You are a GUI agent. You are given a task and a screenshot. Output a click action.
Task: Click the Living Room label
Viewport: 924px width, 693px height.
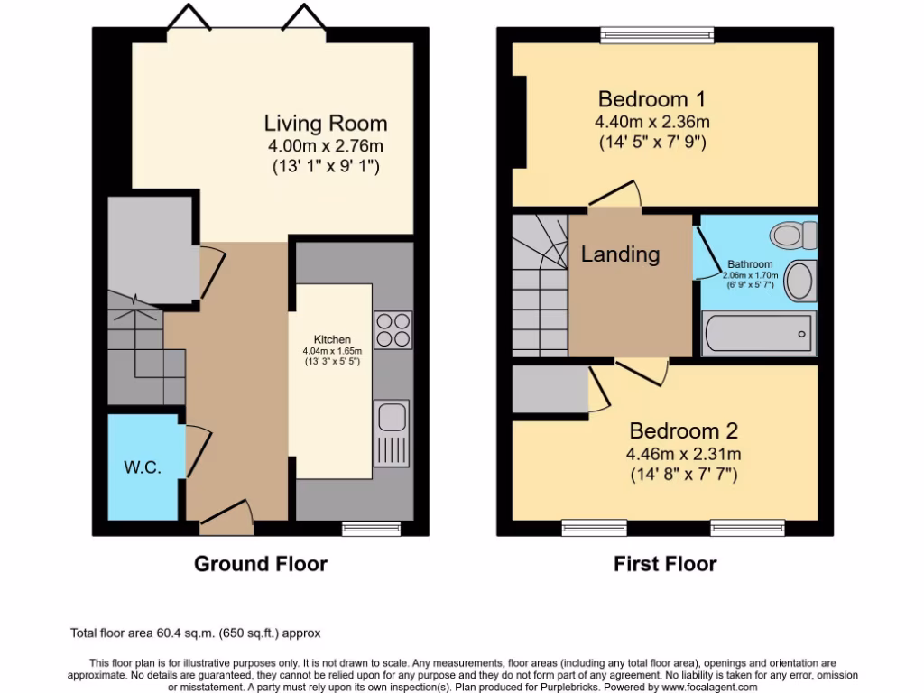point(325,123)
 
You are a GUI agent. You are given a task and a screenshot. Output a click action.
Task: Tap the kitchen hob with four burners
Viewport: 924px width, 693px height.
point(393,330)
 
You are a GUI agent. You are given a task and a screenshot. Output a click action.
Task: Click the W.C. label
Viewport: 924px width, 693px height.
point(142,467)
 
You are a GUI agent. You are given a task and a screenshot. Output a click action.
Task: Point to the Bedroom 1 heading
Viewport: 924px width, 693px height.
point(651,98)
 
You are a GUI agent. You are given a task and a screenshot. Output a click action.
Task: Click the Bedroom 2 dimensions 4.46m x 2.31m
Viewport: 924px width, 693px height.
point(684,455)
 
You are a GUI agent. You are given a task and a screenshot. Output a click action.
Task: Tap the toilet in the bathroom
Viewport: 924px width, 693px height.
point(794,236)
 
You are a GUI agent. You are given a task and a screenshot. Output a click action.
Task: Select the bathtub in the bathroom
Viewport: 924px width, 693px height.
point(758,334)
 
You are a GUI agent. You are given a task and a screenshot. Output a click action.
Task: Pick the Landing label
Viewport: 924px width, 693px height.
point(620,254)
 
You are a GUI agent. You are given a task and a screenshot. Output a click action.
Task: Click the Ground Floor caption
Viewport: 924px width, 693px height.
point(261,564)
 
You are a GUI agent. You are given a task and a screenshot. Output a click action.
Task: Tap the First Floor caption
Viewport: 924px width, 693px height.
point(665,564)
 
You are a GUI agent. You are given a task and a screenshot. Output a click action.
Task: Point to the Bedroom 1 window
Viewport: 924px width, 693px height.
point(657,35)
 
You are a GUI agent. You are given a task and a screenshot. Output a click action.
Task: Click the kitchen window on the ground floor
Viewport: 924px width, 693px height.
point(371,529)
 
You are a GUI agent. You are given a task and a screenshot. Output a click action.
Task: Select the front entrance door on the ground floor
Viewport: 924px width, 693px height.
point(226,517)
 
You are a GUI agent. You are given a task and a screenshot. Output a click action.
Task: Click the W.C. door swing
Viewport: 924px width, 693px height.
point(199,451)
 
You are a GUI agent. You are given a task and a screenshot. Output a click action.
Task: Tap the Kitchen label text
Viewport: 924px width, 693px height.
point(332,339)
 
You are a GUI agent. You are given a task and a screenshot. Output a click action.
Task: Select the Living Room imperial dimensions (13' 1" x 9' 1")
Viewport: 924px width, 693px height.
point(326,166)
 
